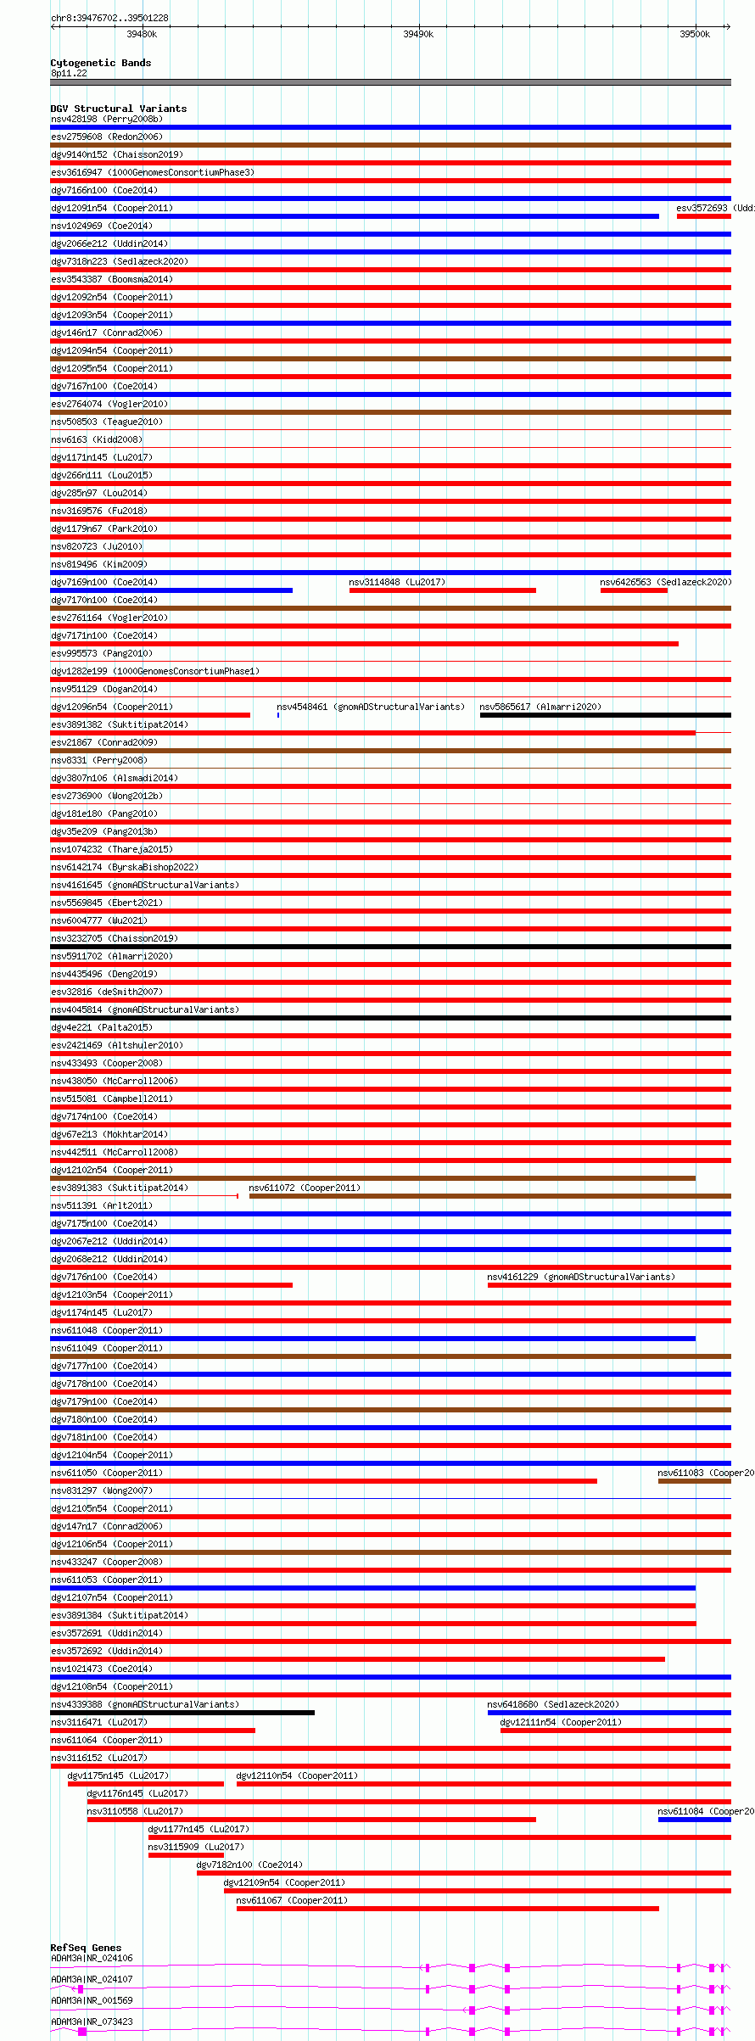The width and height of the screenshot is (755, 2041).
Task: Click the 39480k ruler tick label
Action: (x=142, y=34)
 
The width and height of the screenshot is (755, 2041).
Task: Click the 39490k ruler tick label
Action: (x=418, y=34)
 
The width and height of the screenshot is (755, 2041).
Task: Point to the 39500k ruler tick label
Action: (x=695, y=34)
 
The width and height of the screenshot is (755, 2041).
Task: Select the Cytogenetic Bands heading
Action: (x=100, y=63)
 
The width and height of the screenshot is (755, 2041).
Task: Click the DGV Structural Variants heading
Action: (x=118, y=109)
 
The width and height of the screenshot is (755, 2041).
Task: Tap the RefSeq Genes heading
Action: (x=86, y=1948)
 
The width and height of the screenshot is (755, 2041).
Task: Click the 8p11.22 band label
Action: (x=69, y=73)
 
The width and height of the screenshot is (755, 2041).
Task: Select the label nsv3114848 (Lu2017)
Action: (x=397, y=582)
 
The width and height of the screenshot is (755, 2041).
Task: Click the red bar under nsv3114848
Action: (x=442, y=590)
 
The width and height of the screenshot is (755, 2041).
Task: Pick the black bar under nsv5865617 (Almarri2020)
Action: (x=605, y=715)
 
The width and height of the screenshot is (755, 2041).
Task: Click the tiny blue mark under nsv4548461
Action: (x=278, y=715)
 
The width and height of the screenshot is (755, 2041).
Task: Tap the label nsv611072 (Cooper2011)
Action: (x=305, y=1188)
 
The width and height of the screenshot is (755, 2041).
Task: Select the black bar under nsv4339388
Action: (x=182, y=1713)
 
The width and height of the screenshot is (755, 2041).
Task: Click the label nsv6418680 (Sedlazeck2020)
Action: (x=553, y=1704)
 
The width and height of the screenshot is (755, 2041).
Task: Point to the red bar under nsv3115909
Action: (x=186, y=1855)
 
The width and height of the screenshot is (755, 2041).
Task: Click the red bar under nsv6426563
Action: (x=634, y=590)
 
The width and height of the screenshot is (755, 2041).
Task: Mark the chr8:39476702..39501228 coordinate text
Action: (x=109, y=18)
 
